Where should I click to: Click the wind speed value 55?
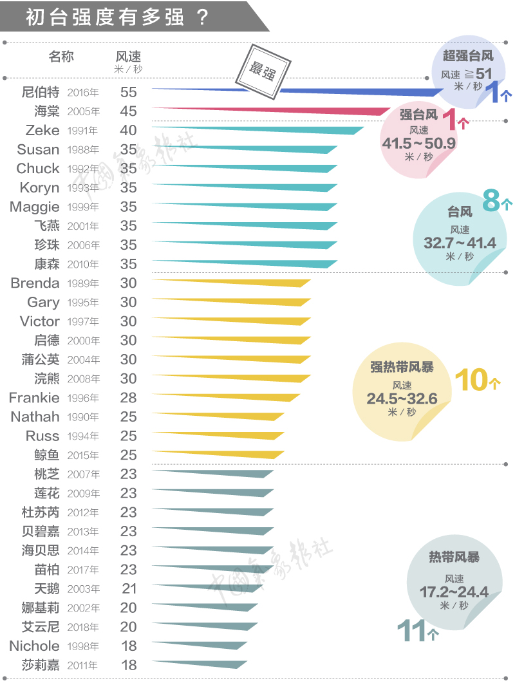(128, 92)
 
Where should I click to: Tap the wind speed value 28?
(128, 398)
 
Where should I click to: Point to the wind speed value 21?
(129, 588)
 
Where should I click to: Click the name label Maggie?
(34, 207)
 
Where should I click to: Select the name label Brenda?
(35, 283)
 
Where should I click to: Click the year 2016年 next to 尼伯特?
(84, 93)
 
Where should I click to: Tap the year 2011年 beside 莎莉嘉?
(84, 666)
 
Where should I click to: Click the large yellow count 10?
(472, 380)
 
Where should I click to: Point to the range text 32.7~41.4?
(460, 243)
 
